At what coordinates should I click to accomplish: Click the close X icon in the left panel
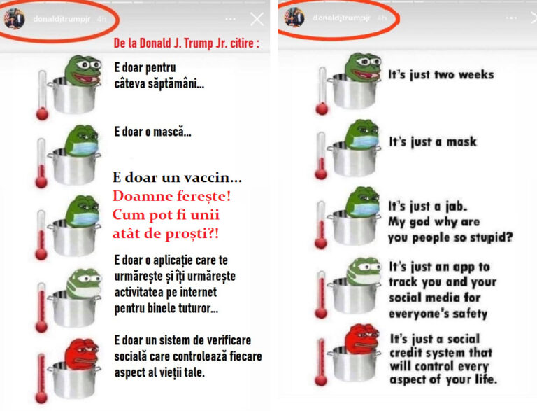click(x=257, y=19)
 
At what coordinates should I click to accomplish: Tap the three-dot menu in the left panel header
click(x=231, y=19)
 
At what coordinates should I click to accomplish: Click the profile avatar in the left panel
click(x=15, y=18)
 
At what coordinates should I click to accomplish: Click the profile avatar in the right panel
click(x=294, y=18)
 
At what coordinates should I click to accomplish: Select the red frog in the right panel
click(x=362, y=339)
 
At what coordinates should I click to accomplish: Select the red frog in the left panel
click(x=83, y=354)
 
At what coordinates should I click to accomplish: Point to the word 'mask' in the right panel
click(x=461, y=141)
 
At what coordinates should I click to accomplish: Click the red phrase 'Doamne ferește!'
click(x=171, y=196)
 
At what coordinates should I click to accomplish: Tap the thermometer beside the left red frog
click(x=41, y=378)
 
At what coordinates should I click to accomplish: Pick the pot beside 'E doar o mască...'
click(x=75, y=167)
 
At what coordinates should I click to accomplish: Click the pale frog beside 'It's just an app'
click(x=364, y=271)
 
